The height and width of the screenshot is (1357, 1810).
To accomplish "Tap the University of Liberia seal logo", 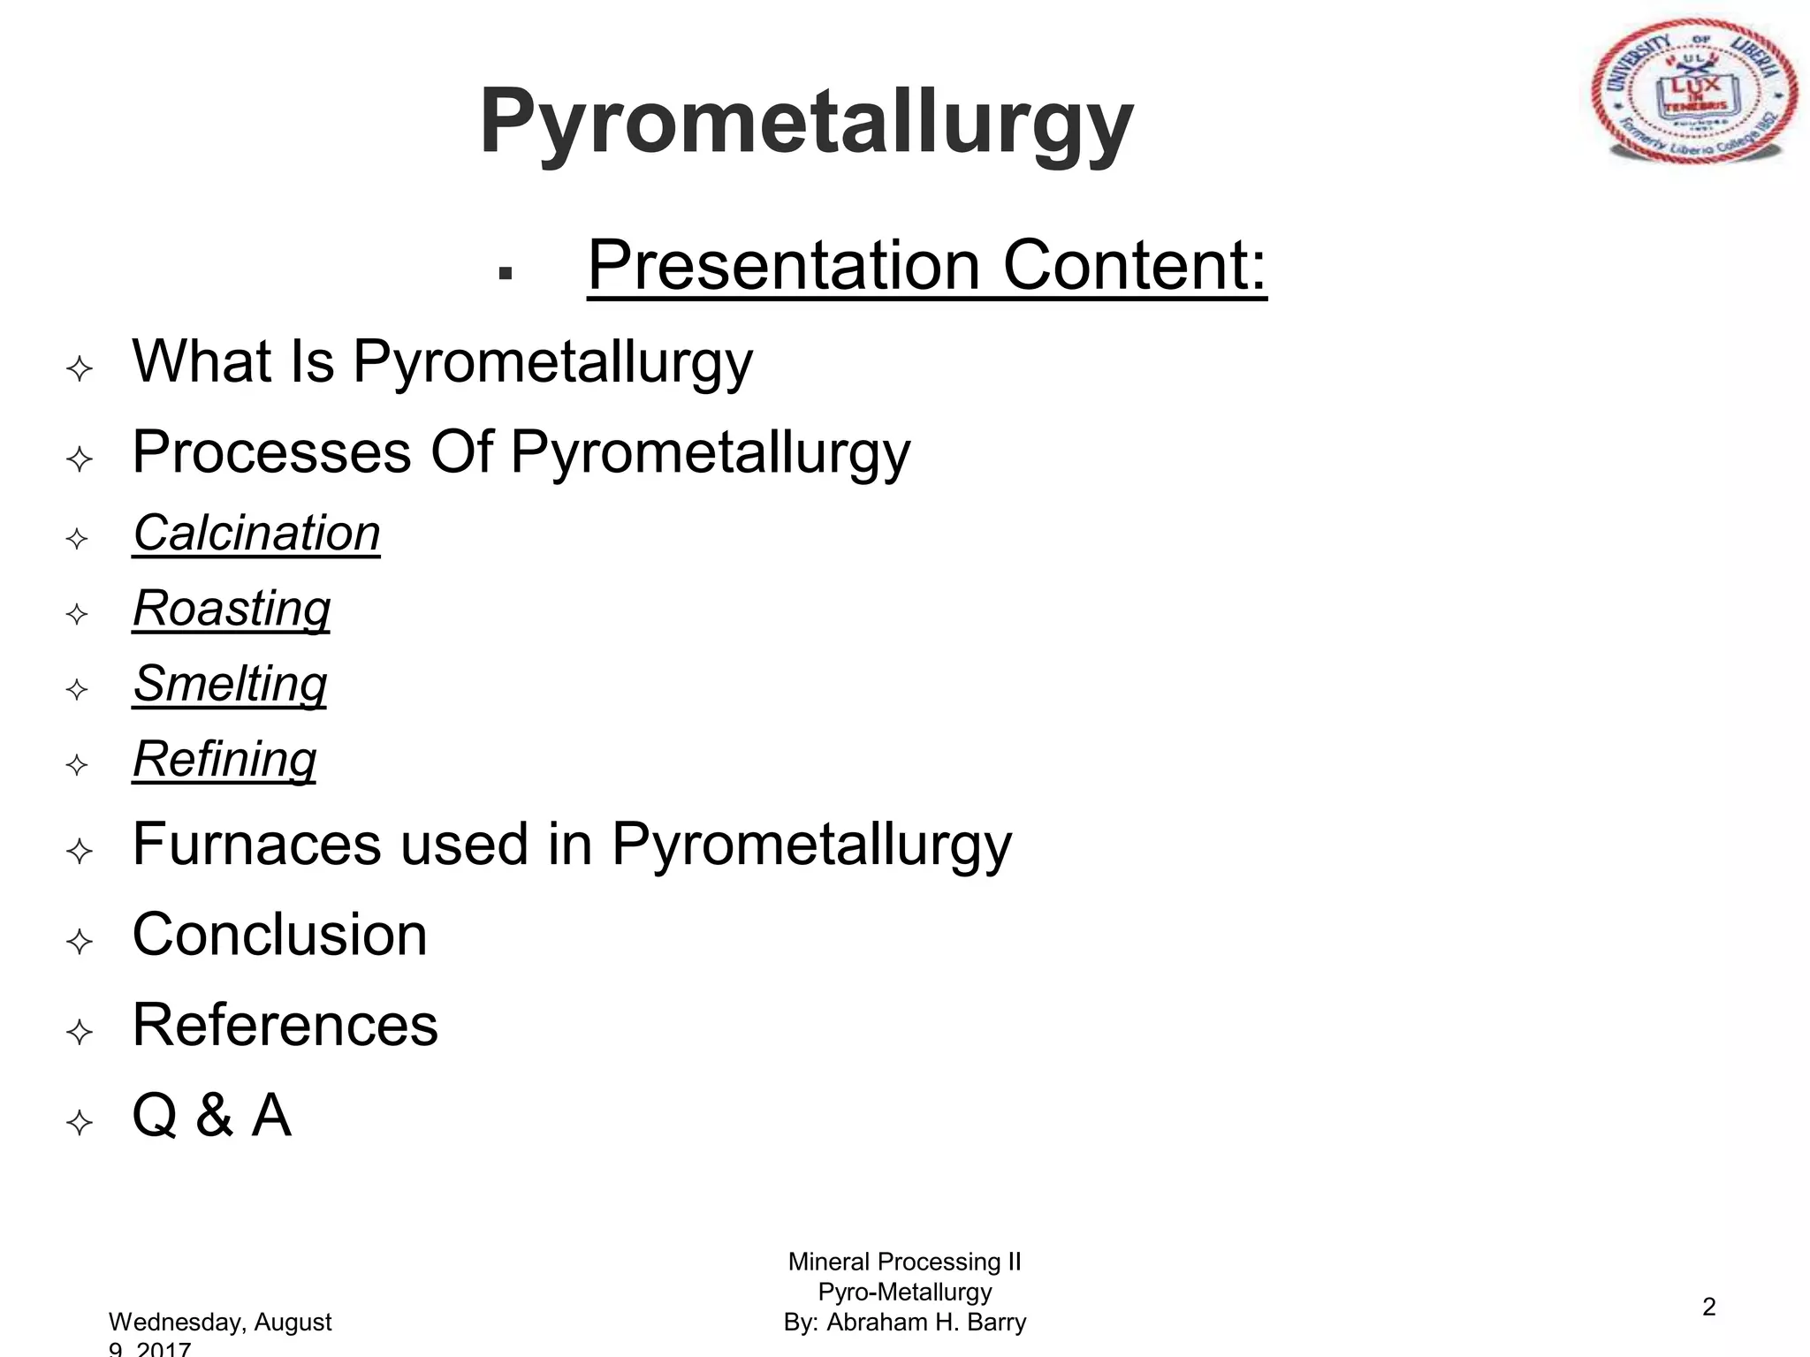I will click(x=1693, y=92).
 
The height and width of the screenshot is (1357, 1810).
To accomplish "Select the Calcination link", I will click(x=256, y=534).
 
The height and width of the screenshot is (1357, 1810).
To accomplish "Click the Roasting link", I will click(x=232, y=609).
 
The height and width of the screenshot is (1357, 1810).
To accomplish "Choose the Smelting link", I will click(x=230, y=684).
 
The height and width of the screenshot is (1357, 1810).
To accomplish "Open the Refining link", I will click(x=224, y=759).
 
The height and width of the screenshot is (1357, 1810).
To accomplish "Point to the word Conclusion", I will click(x=279, y=935).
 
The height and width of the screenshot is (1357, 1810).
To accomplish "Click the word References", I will click(x=285, y=1025).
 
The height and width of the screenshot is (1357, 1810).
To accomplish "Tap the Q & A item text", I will click(x=211, y=1115).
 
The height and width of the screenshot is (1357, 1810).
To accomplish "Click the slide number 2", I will click(x=1708, y=1307).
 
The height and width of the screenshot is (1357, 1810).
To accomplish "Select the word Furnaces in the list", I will click(x=257, y=844).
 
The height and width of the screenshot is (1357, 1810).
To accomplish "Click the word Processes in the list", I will click(x=271, y=452).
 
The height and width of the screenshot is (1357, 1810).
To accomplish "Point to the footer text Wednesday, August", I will click(x=220, y=1322).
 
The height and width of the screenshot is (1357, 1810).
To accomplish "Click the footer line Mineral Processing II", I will click(x=904, y=1262).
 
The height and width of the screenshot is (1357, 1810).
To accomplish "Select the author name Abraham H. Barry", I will click(x=926, y=1322).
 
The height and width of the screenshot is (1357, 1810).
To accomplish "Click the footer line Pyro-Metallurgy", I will click(x=904, y=1292).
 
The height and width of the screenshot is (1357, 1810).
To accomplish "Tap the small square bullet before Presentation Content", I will click(x=506, y=273).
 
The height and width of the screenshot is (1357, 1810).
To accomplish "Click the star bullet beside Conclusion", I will click(x=80, y=941).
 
